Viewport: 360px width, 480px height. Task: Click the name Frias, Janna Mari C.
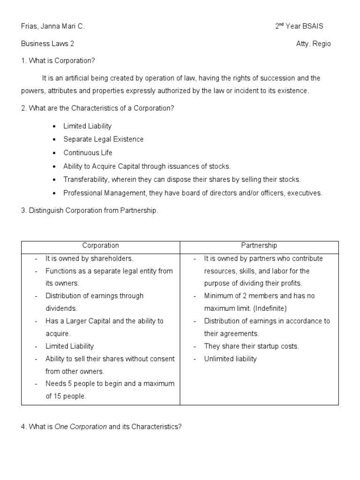tap(53, 27)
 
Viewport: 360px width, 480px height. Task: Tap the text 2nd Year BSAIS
tap(299, 27)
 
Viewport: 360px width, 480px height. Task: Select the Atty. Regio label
tap(313, 44)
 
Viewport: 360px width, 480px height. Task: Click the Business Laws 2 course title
tap(47, 44)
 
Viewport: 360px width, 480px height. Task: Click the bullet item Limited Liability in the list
tap(88, 126)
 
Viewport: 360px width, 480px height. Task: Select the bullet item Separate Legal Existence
tap(104, 139)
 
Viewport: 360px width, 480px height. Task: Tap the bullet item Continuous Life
tap(88, 152)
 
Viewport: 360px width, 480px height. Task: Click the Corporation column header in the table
tap(101, 246)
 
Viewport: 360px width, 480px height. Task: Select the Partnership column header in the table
tap(259, 246)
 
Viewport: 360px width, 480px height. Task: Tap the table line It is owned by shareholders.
tap(90, 258)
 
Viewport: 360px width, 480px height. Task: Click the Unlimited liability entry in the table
tap(231, 359)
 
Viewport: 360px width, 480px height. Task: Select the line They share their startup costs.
tap(251, 346)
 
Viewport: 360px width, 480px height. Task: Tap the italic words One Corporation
tap(81, 427)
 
